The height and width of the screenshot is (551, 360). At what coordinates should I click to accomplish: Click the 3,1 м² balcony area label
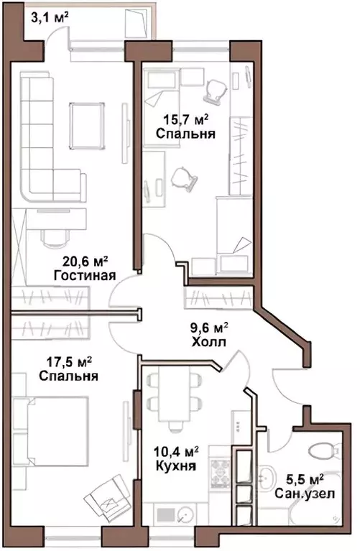(x=50, y=17)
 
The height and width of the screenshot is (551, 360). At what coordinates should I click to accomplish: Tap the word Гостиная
(x=85, y=276)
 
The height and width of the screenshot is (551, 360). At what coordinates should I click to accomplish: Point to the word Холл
(x=209, y=341)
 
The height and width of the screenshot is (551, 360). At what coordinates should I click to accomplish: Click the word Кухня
(x=176, y=466)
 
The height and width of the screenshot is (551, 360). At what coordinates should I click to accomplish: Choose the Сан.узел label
(x=305, y=494)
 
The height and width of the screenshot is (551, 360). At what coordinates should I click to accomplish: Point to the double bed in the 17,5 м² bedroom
(x=50, y=431)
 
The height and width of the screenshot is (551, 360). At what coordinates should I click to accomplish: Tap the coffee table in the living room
(x=87, y=126)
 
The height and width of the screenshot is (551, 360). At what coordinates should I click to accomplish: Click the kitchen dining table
(x=174, y=394)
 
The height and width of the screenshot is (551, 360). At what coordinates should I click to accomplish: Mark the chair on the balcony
(x=137, y=24)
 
